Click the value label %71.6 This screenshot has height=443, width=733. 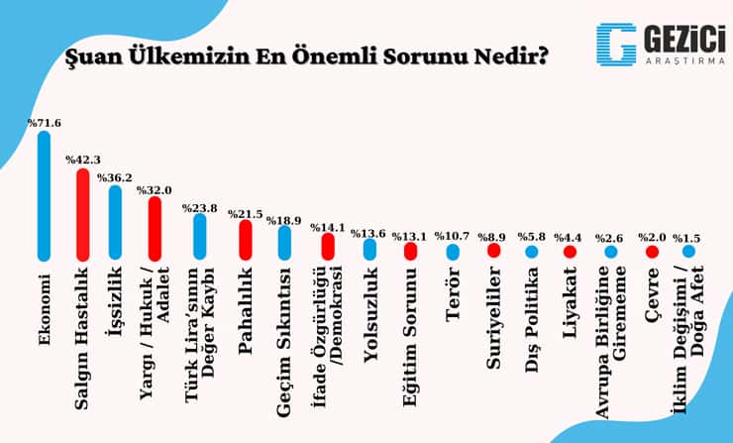44,124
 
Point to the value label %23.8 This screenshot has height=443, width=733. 200,208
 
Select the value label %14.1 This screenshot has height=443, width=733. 328,227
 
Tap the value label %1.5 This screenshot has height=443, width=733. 687,239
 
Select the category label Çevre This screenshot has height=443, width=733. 651,296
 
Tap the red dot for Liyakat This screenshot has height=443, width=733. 570,253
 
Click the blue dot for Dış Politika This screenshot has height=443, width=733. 532,253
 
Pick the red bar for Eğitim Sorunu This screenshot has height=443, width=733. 410,251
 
